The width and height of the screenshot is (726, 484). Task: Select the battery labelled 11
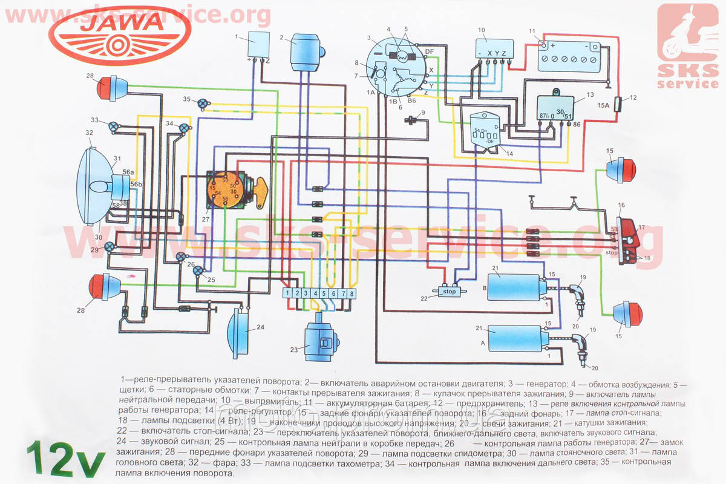(570, 57)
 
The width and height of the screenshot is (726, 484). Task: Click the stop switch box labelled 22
(449, 291)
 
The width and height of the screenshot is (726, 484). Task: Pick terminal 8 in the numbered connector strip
(352, 293)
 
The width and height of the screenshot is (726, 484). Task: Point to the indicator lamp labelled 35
(204, 103)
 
